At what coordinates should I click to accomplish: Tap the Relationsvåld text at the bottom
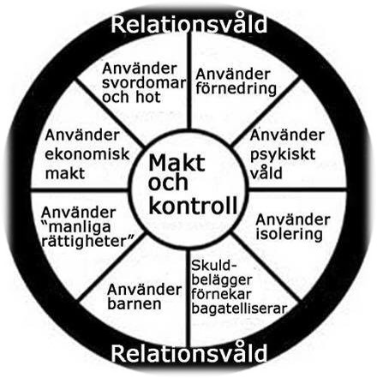(x=188, y=352)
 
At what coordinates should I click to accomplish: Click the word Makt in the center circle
(x=177, y=163)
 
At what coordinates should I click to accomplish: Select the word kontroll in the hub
(x=193, y=205)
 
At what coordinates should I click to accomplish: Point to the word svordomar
(x=144, y=83)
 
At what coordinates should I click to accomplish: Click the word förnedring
(x=236, y=89)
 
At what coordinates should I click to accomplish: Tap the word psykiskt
(x=283, y=155)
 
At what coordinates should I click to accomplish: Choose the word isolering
(x=289, y=234)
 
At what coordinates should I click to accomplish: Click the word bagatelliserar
(x=239, y=309)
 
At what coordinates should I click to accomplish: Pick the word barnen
(x=135, y=303)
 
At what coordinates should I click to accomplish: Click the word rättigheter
(x=88, y=242)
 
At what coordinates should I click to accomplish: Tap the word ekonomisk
(x=87, y=154)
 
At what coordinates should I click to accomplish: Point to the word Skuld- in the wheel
(x=214, y=266)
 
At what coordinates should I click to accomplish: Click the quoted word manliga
(x=76, y=227)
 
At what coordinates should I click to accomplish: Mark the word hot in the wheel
(x=147, y=98)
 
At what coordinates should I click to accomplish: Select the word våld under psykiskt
(x=266, y=173)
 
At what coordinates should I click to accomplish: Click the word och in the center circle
(x=168, y=183)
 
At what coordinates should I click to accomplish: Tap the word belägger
(x=222, y=280)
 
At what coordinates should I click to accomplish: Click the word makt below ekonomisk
(x=65, y=173)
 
